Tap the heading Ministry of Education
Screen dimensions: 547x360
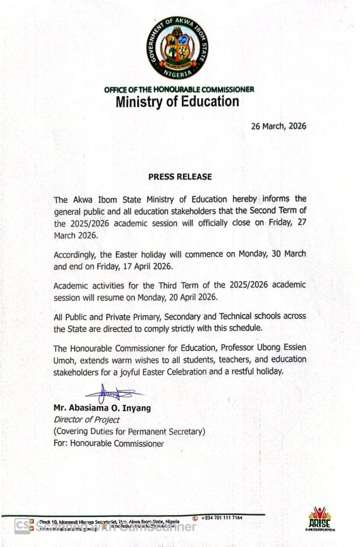[x=177, y=101]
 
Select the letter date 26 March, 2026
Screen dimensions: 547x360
[x=278, y=127]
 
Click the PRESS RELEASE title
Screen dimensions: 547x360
[x=180, y=176]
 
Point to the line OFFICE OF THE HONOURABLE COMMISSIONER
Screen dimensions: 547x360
[x=179, y=89]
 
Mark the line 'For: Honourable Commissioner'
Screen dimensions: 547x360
[x=109, y=443]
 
